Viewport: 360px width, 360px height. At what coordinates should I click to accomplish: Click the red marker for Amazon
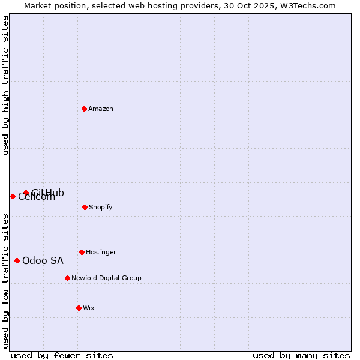(84, 109)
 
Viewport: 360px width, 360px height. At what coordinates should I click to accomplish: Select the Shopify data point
(85, 207)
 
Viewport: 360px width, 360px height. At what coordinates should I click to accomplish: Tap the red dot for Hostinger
(82, 252)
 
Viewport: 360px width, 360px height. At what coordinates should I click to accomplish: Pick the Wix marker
(79, 308)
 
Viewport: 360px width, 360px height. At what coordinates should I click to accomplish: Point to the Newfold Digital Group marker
(67, 278)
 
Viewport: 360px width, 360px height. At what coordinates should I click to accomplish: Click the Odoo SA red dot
(17, 260)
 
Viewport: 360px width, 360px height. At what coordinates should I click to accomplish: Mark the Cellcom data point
(13, 196)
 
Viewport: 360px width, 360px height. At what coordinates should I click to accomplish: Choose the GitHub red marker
(26, 193)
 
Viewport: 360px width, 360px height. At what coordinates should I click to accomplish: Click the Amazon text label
(101, 109)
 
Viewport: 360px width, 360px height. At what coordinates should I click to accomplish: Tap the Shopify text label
(100, 207)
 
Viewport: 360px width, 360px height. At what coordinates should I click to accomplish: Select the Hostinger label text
(101, 252)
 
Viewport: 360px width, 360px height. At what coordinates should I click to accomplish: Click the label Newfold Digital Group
(106, 278)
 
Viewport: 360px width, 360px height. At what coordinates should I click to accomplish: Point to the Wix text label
(89, 308)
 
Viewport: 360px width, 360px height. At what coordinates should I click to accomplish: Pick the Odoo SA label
(43, 260)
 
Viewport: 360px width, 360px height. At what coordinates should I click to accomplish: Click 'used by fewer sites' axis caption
(62, 355)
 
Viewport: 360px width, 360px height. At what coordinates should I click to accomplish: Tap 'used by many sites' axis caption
(301, 355)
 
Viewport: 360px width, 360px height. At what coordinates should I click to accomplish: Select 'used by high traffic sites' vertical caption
(5, 86)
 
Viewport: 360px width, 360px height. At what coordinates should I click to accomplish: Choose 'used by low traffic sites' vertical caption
(5, 281)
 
